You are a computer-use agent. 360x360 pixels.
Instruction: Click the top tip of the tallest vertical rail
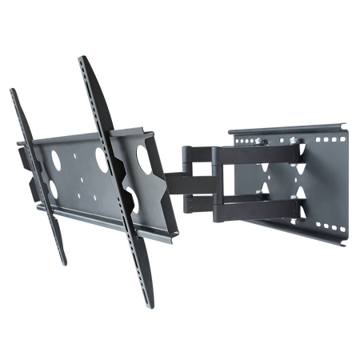click(x=81, y=57)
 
